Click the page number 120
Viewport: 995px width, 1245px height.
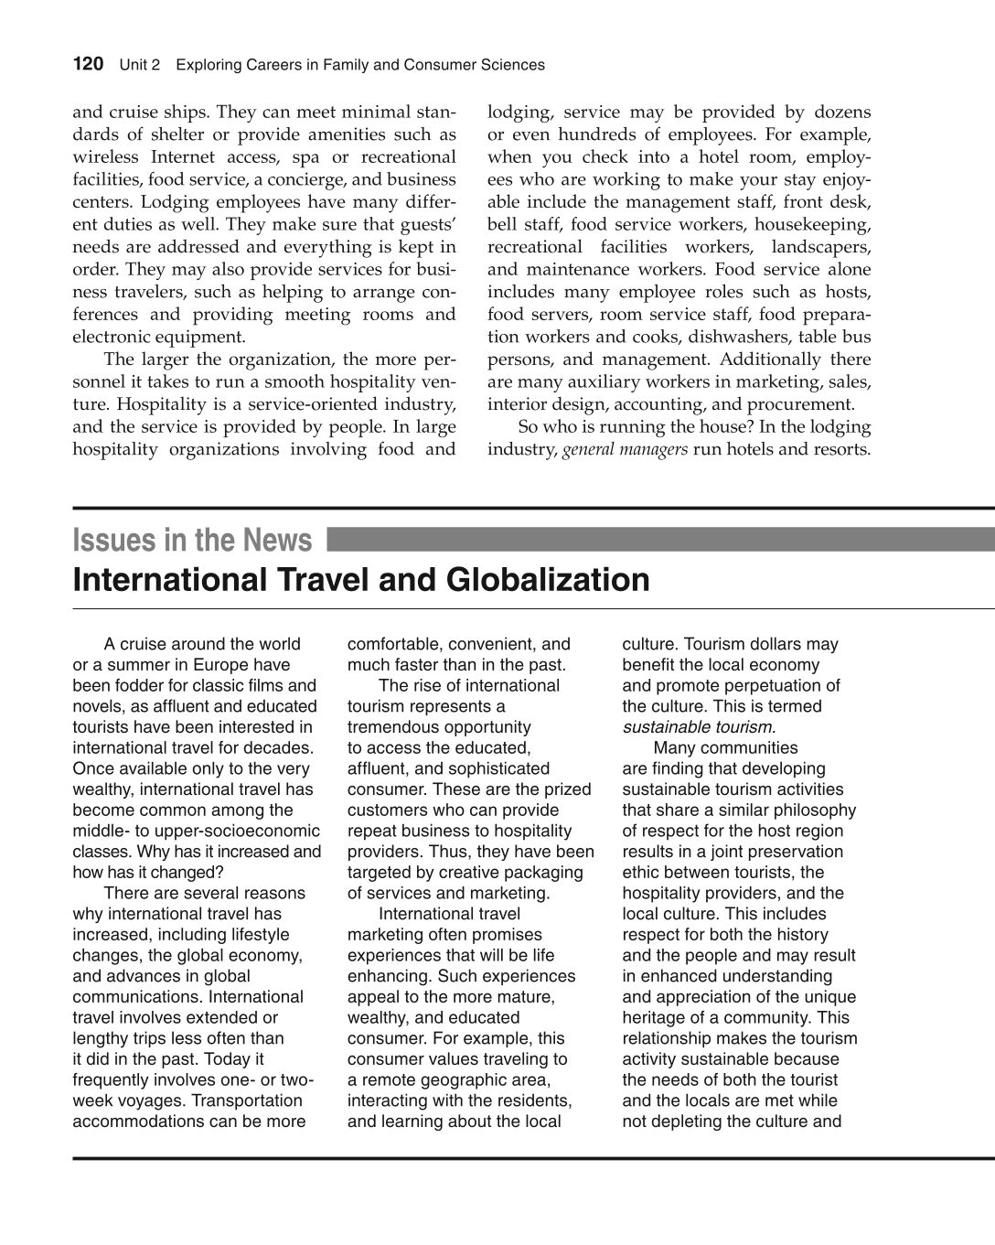click(x=88, y=64)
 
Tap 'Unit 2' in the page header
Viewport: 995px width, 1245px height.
click(x=140, y=65)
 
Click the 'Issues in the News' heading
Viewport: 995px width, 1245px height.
click(x=192, y=541)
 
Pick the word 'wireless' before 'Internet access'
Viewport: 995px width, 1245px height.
click(x=105, y=157)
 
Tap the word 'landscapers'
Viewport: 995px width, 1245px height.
click(x=820, y=247)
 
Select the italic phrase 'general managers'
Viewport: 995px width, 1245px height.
click(x=625, y=449)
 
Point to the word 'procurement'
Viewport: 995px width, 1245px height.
click(x=800, y=404)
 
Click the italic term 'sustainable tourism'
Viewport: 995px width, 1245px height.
click(x=699, y=727)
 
